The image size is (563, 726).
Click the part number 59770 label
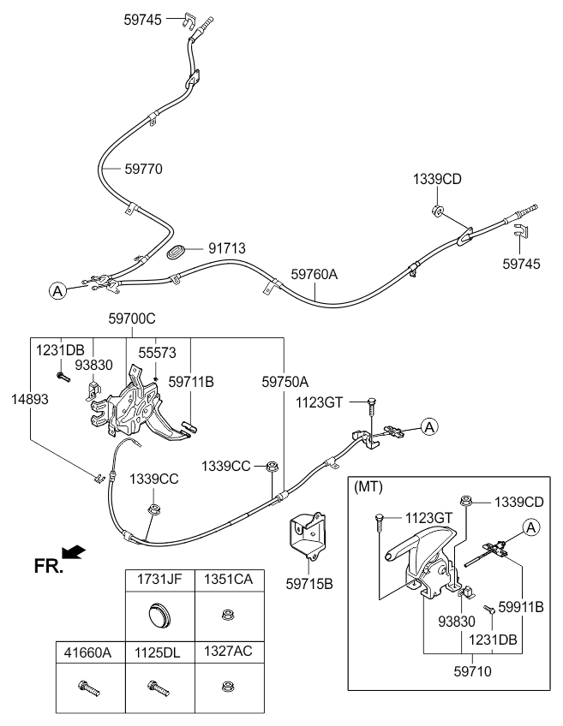(x=144, y=169)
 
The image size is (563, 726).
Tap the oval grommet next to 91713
(x=176, y=253)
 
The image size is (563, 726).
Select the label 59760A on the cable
(x=314, y=274)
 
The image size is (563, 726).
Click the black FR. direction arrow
(x=74, y=551)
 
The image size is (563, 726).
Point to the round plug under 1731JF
(x=160, y=616)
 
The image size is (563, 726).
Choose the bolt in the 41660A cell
(x=89, y=688)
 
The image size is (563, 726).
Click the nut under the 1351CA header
(x=227, y=616)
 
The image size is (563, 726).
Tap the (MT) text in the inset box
(x=368, y=487)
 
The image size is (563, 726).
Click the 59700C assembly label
(x=132, y=319)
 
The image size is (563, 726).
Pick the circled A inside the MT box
(x=531, y=527)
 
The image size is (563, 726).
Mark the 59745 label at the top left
(x=143, y=20)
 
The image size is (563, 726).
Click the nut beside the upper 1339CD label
(x=437, y=211)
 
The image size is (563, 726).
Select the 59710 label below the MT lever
(x=473, y=671)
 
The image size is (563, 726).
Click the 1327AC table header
(x=229, y=652)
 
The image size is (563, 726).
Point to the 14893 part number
(x=30, y=399)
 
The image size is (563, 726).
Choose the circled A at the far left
(x=57, y=291)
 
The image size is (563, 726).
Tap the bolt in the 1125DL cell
(x=159, y=688)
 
